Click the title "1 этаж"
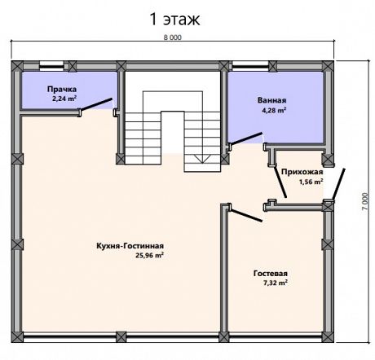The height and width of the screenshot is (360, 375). pos(174,20)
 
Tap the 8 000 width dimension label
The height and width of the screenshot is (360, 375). pos(173,37)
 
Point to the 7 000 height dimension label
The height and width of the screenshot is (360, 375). pos(365,201)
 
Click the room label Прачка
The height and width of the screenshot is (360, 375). pos(62,89)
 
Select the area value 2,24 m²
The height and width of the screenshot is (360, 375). pos(64,99)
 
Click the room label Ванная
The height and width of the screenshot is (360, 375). pos(271,100)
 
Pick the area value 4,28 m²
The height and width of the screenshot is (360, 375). pos(274,110)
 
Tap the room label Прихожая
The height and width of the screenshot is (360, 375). pos(302,172)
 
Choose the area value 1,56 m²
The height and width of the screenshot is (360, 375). pos(311,182)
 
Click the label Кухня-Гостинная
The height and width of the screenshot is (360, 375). pos(130,246)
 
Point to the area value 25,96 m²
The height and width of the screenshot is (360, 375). pos(149,255)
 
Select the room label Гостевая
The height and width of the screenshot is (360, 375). pos(271,273)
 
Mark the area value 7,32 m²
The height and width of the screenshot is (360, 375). pos(276,283)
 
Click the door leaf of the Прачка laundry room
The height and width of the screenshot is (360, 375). pos(96,104)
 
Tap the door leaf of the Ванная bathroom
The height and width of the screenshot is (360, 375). pos(246,138)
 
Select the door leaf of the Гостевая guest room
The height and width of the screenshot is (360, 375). pos(246,215)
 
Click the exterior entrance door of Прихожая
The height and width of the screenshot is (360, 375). pos(338,184)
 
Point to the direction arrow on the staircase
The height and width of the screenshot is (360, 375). pos(202,159)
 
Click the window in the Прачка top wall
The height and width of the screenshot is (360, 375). pos(51,65)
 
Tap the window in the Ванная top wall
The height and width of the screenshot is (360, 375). pos(250,65)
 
